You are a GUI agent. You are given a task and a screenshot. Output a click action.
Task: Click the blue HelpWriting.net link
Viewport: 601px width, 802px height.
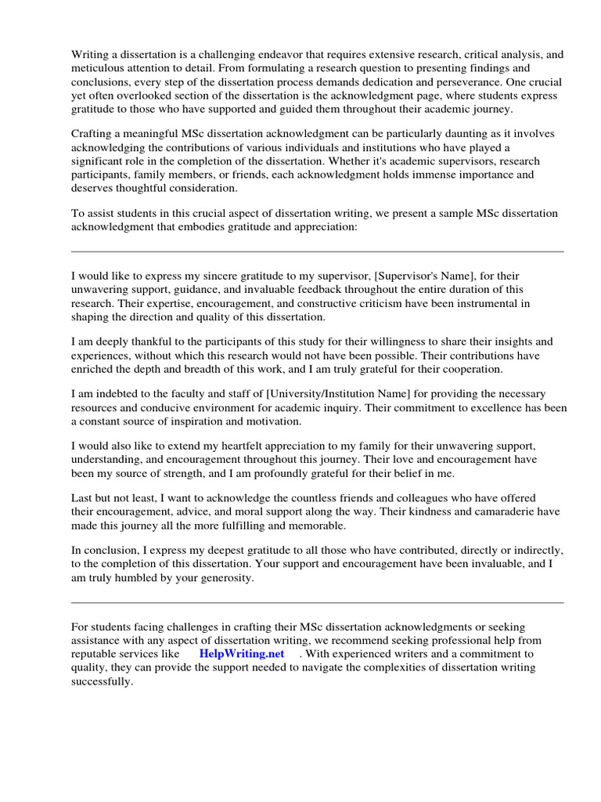pos(241,653)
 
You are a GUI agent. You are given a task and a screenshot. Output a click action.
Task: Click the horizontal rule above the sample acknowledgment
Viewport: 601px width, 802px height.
pos(317,251)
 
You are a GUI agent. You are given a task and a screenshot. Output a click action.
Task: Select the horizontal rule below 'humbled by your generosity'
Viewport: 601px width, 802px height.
pos(317,602)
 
